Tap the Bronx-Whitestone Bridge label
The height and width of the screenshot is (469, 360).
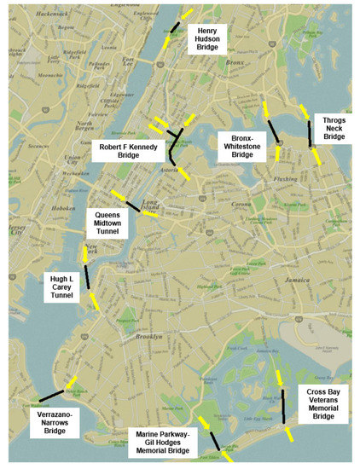[243, 145]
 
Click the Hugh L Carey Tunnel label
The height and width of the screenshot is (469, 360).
[63, 287]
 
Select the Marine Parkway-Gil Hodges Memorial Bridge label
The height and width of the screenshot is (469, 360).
[166, 443]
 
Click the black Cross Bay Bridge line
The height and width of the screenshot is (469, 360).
[282, 399]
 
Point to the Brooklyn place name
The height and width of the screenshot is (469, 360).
[149, 337]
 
